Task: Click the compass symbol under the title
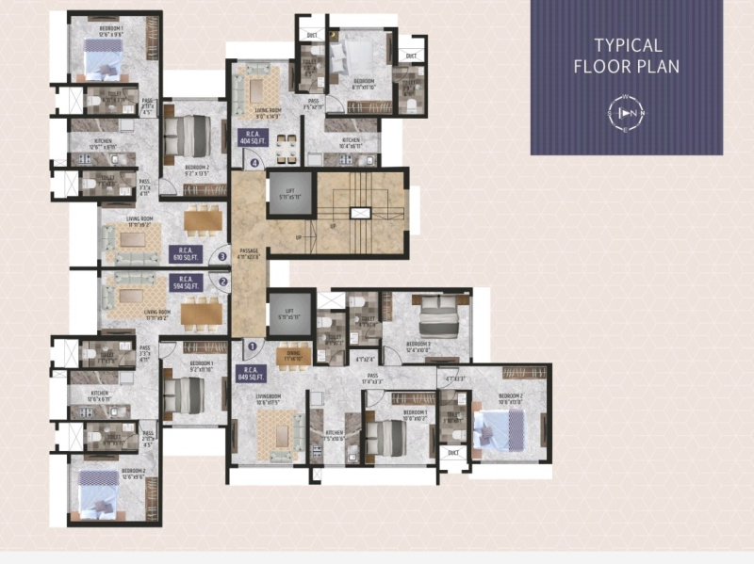(627, 113)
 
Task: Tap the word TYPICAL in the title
(628, 45)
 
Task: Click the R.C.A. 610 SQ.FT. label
(183, 252)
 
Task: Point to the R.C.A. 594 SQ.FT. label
(183, 282)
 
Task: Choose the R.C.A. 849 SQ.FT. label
(250, 374)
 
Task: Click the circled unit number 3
(222, 255)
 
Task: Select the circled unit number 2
(223, 280)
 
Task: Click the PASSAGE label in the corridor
(248, 251)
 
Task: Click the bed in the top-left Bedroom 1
(102, 63)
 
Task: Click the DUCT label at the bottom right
(454, 453)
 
